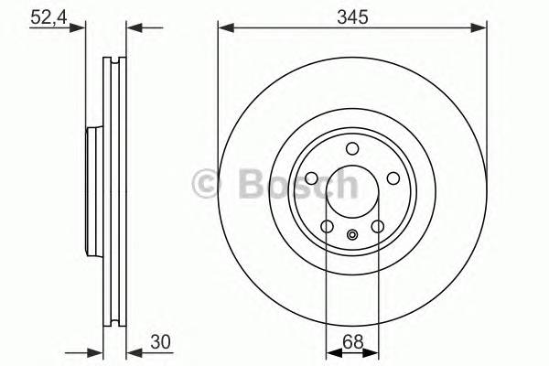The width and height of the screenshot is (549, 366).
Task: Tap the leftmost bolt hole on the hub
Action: pos(311,179)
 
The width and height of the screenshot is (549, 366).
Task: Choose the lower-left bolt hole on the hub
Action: pos(327,227)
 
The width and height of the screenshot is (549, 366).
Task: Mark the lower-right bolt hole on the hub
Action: pos(377,227)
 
